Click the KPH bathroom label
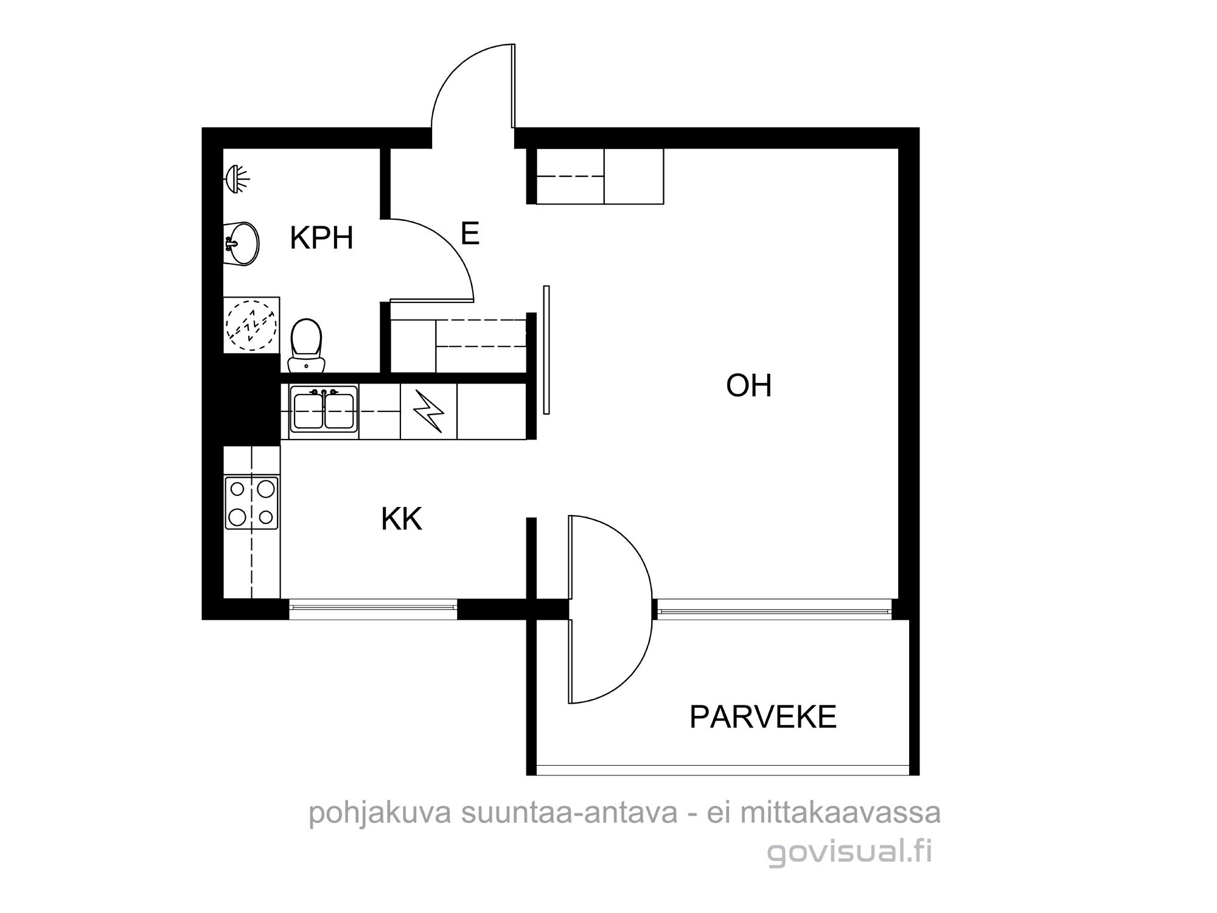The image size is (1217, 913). tap(321, 238)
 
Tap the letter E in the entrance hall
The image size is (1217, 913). tap(470, 234)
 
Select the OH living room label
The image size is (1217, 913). tap(748, 386)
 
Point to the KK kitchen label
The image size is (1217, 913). tap(402, 520)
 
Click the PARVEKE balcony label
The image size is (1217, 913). tap(763, 717)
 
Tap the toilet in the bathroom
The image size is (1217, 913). tap(305, 345)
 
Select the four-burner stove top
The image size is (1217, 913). tap(252, 502)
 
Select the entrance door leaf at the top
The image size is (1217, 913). tap(514, 86)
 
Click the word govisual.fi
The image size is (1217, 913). tap(849, 852)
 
